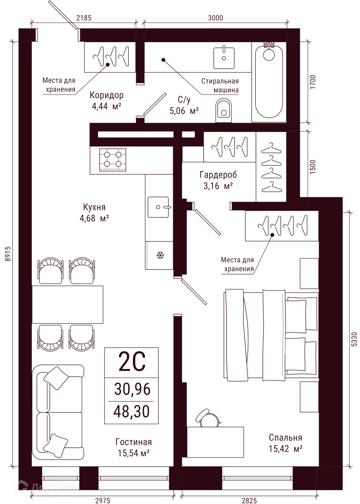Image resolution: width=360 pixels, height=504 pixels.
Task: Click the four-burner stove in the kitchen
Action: [x=113, y=160]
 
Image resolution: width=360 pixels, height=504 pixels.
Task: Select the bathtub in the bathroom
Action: [x=269, y=81]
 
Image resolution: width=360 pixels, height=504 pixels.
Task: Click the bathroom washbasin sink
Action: [x=224, y=56]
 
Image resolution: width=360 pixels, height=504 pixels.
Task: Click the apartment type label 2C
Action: [x=132, y=362]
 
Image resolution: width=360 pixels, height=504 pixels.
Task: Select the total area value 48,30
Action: [x=132, y=412]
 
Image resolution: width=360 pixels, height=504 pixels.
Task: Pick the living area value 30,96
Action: [x=132, y=389]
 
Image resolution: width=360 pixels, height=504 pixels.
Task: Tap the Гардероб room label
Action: [x=218, y=175]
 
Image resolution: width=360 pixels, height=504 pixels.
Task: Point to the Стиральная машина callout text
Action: [x=220, y=86]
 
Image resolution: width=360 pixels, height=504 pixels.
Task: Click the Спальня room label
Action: [x=286, y=438]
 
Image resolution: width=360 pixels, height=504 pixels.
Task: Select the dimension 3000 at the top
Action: [x=215, y=18]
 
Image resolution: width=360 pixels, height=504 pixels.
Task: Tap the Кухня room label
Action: [x=94, y=207]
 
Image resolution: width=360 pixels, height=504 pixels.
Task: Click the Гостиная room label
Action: [x=133, y=442]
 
